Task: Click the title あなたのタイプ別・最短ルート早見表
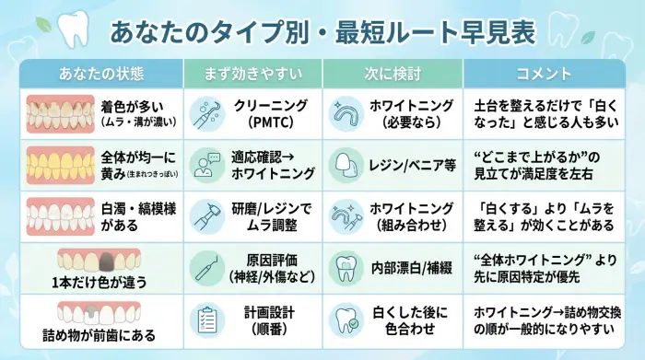pos(322,32)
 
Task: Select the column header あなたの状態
pos(100,74)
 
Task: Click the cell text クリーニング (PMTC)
pos(271,113)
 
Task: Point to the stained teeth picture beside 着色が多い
pos(57,113)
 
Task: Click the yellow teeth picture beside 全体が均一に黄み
pos(57,164)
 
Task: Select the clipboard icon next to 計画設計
pos(207,319)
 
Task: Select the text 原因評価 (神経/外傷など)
pos(271,267)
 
